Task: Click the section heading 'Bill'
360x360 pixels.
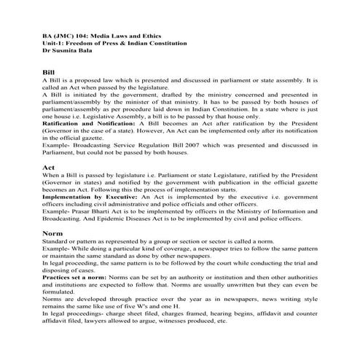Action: (x=50, y=74)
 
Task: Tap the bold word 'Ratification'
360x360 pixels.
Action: (x=66, y=125)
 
